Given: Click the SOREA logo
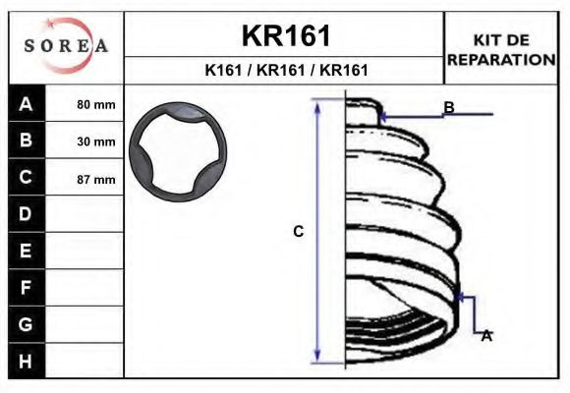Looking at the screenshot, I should click(x=66, y=46).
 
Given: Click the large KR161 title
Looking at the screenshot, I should click(x=286, y=35).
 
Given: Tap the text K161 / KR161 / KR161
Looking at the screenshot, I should click(x=286, y=70).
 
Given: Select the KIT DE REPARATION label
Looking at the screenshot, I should click(x=501, y=49).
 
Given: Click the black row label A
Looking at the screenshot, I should click(x=26, y=104).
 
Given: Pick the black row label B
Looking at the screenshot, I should click(x=26, y=140).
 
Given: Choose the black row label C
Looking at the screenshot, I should click(x=26, y=178).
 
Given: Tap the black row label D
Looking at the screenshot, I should click(x=26, y=214).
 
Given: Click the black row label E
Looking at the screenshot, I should click(x=26, y=251).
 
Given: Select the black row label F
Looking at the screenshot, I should click(x=26, y=287).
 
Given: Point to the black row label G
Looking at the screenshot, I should click(x=26, y=323).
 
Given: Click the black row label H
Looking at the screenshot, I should click(x=26, y=361).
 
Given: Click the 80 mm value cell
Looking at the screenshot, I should click(x=95, y=104).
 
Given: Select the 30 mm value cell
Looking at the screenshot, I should click(x=95, y=141).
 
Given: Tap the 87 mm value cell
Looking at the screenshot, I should click(x=95, y=179).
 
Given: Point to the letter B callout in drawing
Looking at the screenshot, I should click(x=448, y=106).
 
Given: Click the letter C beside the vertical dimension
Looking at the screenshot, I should click(x=298, y=232).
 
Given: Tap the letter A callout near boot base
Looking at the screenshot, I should click(x=485, y=335).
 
